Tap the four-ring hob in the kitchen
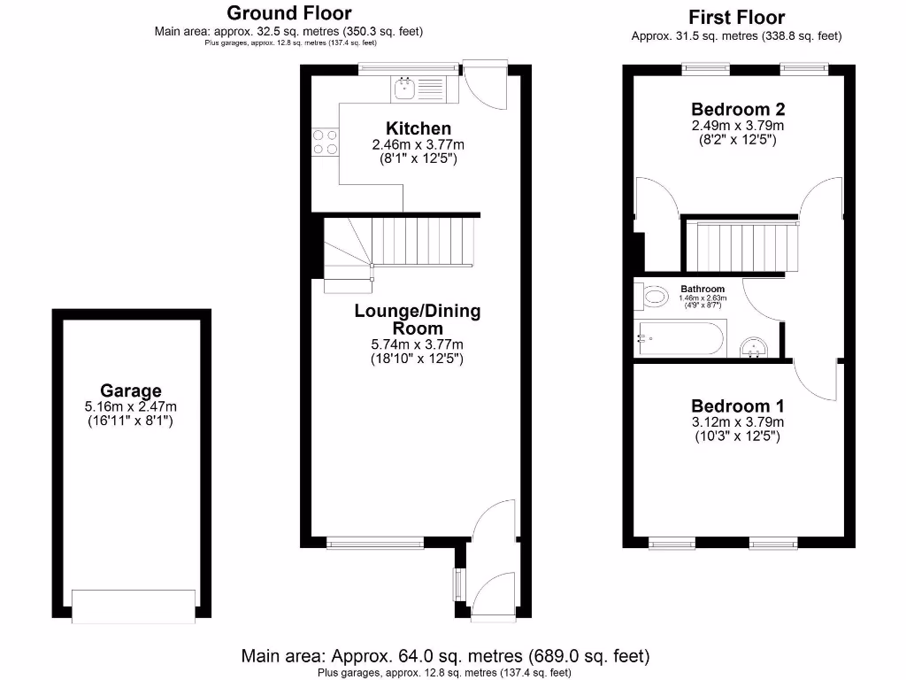click(324, 142)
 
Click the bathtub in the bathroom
click(679, 338)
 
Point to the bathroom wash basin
click(753, 348)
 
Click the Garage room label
click(131, 390)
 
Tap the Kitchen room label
click(418, 128)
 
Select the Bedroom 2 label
click(738, 110)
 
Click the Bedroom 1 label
click(738, 406)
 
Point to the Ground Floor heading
click(288, 13)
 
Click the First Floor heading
click(736, 17)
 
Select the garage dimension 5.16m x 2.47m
click(131, 406)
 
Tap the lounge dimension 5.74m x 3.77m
click(418, 344)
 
